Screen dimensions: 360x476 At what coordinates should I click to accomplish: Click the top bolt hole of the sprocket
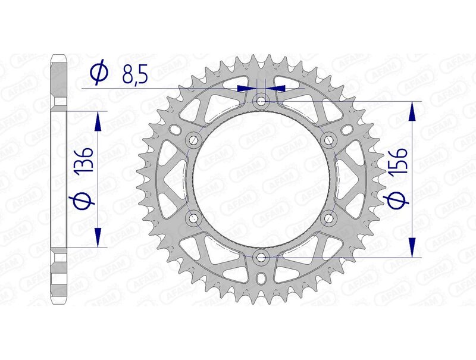pos(261,101)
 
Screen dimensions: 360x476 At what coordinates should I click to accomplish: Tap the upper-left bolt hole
pos(193,140)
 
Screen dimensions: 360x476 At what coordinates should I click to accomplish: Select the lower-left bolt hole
pos(193,218)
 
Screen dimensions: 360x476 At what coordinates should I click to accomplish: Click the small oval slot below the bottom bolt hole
pos(261,278)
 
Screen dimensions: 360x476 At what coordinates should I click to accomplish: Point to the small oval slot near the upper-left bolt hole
pos(173,129)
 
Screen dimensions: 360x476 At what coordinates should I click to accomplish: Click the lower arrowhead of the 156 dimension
pos(411,247)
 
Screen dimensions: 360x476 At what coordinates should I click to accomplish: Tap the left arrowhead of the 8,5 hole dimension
pos(245,88)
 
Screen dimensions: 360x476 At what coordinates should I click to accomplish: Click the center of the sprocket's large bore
pos(261,179)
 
